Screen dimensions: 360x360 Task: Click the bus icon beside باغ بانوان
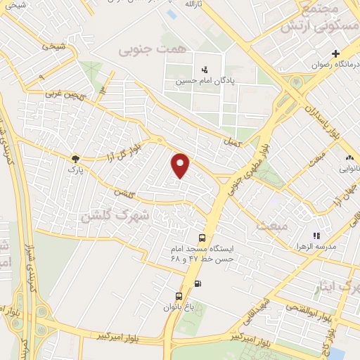point(179,295)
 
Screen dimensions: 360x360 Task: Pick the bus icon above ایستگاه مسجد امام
point(202,238)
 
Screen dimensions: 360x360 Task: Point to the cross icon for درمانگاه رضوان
point(336,53)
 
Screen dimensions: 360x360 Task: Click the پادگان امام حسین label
point(205,81)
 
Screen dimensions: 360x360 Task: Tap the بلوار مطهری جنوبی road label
point(250,161)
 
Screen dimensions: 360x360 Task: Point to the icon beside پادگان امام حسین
point(204,69)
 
